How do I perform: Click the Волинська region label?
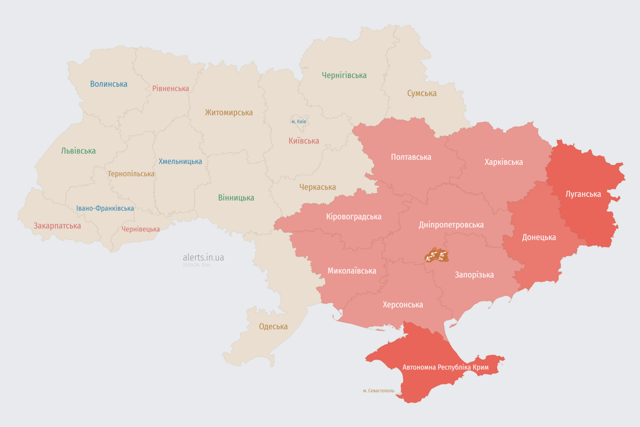109,84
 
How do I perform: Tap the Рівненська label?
171,88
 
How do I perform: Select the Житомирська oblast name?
228,112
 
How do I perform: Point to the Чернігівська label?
344,75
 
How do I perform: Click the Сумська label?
422,93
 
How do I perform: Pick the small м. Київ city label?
299,121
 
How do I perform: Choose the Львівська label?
78,151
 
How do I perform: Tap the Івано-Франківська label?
105,208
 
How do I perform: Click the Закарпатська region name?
57,226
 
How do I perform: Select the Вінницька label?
236,197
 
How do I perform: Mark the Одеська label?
273,326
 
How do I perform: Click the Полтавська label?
411,157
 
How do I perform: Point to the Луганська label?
583,194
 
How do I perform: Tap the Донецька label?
539,237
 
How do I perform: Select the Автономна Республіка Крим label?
446,368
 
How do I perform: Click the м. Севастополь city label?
378,390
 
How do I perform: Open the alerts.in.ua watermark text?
203,257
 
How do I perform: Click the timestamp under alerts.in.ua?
197,265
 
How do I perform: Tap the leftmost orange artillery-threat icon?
429,256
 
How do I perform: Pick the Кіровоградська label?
354,216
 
